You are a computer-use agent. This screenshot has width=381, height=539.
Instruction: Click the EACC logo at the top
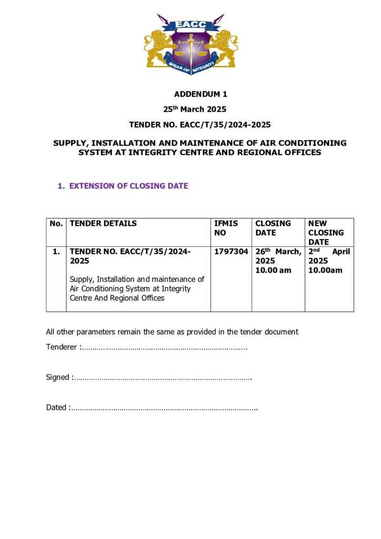click(190, 44)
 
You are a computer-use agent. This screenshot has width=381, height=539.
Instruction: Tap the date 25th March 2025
click(196, 109)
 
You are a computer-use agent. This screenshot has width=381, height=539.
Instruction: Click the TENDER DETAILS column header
click(103, 223)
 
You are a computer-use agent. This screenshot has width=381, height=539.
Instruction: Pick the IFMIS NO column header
click(226, 228)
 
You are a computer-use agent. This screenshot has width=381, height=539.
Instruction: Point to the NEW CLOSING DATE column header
click(326, 233)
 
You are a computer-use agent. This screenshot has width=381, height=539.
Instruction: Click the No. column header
click(56, 223)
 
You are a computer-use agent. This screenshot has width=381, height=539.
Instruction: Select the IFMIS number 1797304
click(231, 252)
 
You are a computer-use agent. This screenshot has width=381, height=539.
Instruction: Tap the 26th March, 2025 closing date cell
click(278, 261)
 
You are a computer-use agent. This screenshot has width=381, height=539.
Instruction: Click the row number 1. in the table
click(56, 252)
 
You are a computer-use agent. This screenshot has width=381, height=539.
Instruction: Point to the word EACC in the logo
click(190, 25)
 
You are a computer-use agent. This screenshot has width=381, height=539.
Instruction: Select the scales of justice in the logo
click(191, 49)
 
